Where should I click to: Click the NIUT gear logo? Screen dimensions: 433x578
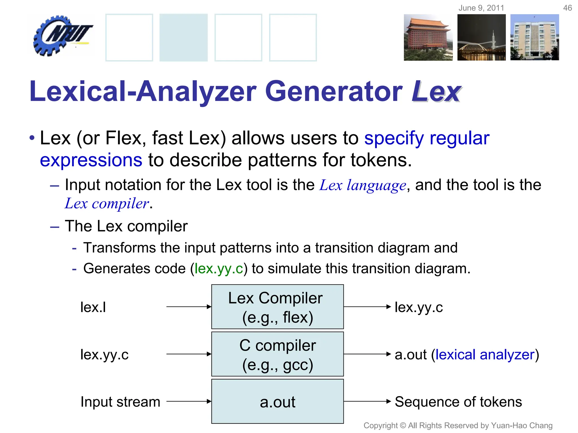point(62,35)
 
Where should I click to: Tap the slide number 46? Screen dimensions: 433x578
point(567,8)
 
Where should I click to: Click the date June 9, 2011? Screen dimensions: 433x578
point(481,8)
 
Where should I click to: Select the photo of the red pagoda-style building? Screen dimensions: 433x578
point(428,37)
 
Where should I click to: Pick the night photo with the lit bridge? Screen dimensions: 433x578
point(481,37)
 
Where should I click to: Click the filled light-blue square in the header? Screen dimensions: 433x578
point(183,37)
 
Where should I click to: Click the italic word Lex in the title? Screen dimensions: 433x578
point(436,92)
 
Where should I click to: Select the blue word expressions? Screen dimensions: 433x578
point(91,160)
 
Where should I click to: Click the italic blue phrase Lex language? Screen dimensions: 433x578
point(363,185)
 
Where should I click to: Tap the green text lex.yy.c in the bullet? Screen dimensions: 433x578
point(219,268)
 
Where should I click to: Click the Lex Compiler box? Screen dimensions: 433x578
point(277,307)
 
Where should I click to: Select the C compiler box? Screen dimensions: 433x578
point(277,354)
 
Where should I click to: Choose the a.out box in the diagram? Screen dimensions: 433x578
point(277,401)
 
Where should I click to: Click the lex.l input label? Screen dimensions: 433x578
point(93,307)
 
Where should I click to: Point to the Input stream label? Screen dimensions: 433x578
point(120,402)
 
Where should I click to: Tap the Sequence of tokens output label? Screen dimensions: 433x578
point(458,402)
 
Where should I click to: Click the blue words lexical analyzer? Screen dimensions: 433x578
point(485,354)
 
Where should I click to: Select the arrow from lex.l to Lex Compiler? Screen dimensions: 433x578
point(189,307)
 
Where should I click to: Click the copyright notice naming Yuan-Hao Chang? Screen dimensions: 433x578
point(458,425)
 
